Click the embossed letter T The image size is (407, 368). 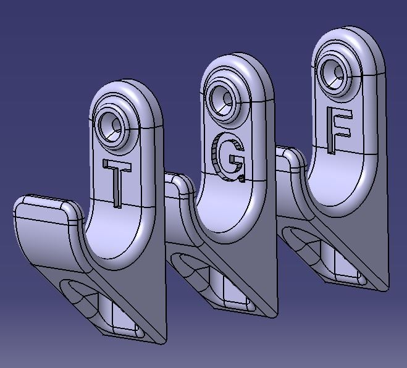pos(117,182)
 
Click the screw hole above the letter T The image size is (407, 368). pos(111,127)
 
